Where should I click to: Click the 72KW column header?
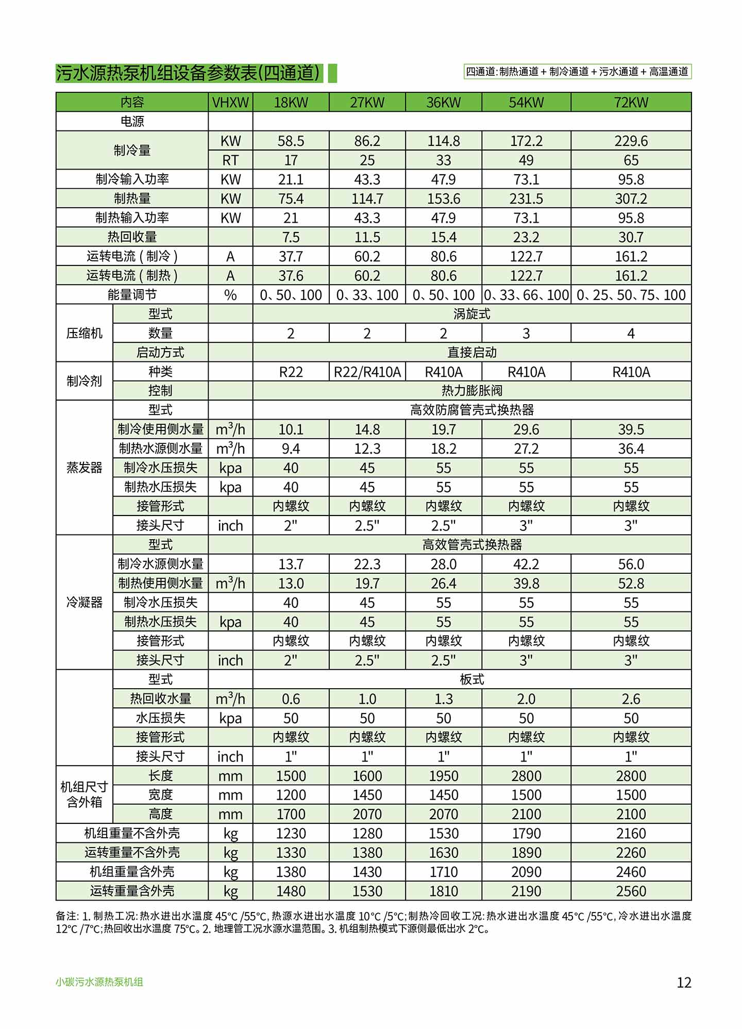[631, 102]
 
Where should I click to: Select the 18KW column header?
[291, 102]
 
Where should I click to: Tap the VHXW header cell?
[230, 102]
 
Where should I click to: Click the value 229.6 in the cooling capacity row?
[631, 141]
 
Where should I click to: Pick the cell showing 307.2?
[631, 198]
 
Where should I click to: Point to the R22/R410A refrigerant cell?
[367, 372]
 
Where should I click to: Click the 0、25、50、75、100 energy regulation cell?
[631, 295]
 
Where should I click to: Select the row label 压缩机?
[84, 333]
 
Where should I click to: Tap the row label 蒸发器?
[84, 468]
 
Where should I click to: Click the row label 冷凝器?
[84, 602]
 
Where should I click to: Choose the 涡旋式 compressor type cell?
[471, 314]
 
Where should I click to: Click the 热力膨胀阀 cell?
[471, 391]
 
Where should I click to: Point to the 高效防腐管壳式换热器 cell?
[471, 410]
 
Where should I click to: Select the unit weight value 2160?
[631, 834]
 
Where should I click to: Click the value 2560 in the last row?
[631, 891]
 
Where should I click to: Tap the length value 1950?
[443, 776]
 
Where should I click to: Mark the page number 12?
[684, 982]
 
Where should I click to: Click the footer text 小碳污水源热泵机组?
[99, 982]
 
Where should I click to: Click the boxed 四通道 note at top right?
[577, 72]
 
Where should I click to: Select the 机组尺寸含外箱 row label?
[84, 794]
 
